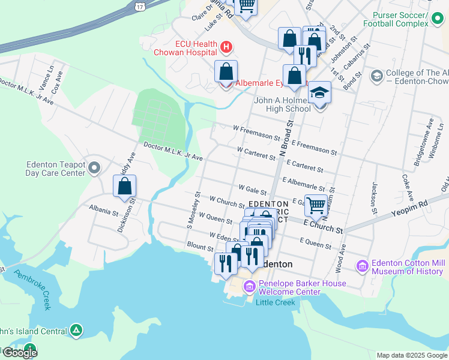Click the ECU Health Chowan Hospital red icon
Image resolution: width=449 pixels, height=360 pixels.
click(x=226, y=46)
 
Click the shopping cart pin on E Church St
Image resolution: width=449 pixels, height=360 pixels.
click(x=316, y=205)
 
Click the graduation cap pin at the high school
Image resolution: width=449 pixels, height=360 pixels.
click(x=319, y=94)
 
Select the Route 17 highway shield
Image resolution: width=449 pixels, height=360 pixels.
click(x=140, y=5)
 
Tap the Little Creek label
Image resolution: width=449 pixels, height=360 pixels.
click(x=276, y=302)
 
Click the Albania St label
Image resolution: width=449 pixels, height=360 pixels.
click(x=101, y=212)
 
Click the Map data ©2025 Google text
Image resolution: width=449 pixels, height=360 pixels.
click(x=411, y=355)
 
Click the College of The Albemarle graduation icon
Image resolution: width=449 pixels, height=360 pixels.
click(x=376, y=76)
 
